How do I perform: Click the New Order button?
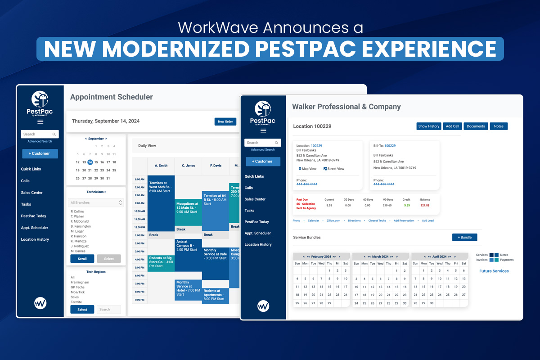225,121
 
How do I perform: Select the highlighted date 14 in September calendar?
90,162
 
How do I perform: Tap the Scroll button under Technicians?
82,259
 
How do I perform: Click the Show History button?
429,126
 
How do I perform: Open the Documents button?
476,126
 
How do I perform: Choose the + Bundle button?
464,237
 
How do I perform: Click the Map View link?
308,169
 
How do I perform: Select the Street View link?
334,169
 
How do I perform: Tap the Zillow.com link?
333,221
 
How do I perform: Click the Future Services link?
494,271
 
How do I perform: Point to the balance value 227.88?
425,205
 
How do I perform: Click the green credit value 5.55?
407,205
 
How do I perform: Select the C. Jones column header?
188,166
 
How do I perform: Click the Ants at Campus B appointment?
188,245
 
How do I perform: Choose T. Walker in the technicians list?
78,216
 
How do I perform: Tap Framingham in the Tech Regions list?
80,282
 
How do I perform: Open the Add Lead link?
427,221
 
